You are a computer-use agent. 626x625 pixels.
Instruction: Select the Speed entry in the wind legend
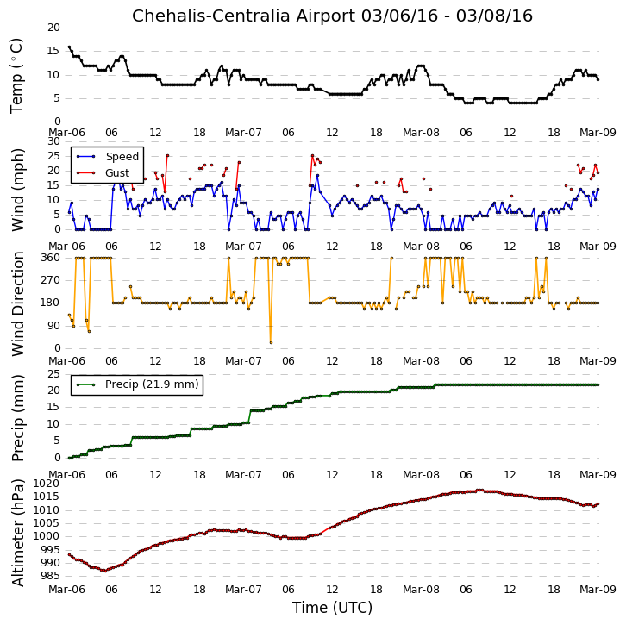(122, 156)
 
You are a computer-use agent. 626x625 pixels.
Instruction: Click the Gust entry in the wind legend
(117, 172)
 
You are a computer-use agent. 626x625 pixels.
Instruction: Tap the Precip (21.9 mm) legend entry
(152, 384)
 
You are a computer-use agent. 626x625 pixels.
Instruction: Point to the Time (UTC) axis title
(332, 608)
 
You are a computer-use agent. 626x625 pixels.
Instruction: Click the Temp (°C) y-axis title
(16, 76)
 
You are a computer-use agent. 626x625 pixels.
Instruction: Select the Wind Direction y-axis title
(18, 303)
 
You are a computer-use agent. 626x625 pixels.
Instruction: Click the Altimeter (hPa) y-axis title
(18, 533)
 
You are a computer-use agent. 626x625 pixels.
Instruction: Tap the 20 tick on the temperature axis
(53, 28)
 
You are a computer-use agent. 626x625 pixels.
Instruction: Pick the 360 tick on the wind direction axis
(51, 258)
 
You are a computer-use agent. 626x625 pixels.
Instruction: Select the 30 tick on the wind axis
(53, 141)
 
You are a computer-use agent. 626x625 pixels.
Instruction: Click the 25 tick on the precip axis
(53, 374)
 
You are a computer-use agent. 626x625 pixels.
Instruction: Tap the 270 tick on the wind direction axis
(51, 280)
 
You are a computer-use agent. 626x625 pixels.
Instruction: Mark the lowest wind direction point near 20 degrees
(271, 342)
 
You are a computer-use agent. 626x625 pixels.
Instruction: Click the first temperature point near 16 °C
(69, 47)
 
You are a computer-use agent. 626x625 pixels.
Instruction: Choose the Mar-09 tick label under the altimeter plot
(598, 590)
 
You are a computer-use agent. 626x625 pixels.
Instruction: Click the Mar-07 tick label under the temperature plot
(243, 133)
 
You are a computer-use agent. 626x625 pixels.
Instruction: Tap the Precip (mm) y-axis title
(18, 418)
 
